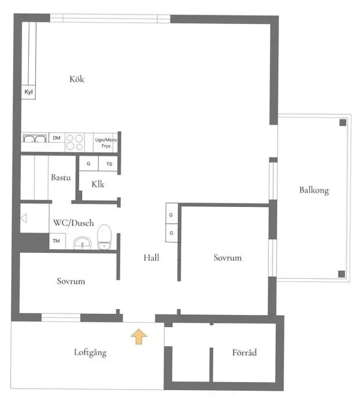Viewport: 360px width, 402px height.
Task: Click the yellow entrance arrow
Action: (139, 336)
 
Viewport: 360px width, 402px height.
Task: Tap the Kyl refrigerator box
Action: (29, 92)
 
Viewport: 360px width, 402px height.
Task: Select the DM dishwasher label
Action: (57, 138)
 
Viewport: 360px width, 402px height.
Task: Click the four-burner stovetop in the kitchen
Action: (75, 142)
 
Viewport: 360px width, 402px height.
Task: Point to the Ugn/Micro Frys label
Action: (106, 143)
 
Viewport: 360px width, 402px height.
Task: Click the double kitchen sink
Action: (35, 138)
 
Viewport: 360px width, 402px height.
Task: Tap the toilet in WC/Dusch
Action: (104, 237)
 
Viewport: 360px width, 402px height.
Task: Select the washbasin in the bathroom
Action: (82, 243)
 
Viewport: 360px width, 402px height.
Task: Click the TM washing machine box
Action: (57, 241)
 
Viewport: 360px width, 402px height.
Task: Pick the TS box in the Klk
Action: (108, 164)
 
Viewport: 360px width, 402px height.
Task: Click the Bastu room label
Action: (60, 177)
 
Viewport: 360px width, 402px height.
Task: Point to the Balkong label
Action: (314, 191)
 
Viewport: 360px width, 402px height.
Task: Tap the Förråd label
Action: (244, 352)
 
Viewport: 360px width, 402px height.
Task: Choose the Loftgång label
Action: (90, 352)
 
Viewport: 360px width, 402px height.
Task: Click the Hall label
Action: (151, 258)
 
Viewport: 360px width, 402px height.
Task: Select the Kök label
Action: (77, 79)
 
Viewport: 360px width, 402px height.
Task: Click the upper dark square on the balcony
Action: (343, 123)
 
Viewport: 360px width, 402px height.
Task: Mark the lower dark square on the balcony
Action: (342, 274)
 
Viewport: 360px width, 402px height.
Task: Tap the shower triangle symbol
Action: (24, 218)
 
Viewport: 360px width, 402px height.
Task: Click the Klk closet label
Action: (98, 184)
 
